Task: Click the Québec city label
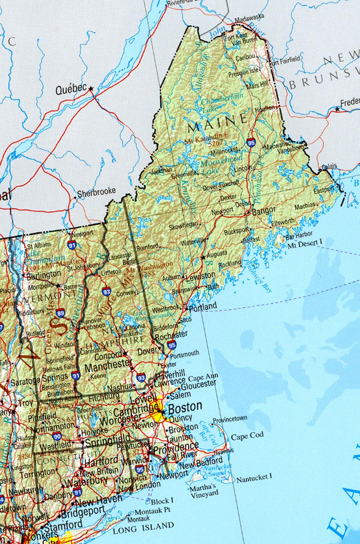[x=71, y=90]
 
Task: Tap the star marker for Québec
[x=91, y=88]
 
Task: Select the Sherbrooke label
[x=96, y=192]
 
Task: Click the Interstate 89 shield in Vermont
[x=60, y=313]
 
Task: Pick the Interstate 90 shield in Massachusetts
[x=57, y=436]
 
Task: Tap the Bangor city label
[x=264, y=211]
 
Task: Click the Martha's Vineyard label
[x=204, y=490]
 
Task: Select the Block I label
[x=162, y=500]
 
